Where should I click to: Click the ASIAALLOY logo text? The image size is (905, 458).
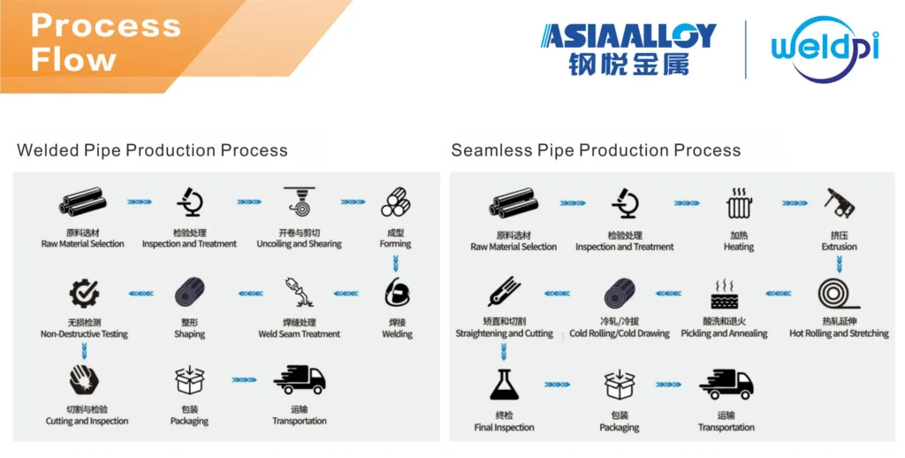tap(628, 35)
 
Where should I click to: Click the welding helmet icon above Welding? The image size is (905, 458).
tap(397, 292)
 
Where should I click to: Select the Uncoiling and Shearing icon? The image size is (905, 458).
tap(299, 202)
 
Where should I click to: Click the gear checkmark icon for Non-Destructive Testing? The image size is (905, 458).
tap(84, 294)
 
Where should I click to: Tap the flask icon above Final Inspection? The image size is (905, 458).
tap(504, 385)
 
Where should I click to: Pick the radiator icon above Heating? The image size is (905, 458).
tap(740, 203)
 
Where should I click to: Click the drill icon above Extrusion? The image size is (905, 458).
tap(840, 203)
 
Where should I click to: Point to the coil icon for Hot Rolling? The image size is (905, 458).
tap(838, 294)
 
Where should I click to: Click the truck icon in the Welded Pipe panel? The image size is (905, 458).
tap(299, 379)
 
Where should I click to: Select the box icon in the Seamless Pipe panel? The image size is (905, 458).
tap(620, 385)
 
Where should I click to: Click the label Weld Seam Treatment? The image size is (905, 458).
tap(299, 334)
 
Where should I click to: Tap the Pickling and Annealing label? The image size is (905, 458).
tap(725, 333)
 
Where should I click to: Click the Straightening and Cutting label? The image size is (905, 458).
tap(504, 333)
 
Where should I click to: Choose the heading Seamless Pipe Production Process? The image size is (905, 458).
tap(596, 150)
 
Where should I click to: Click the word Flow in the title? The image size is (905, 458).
tap(73, 60)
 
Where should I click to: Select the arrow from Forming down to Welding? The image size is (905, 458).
tap(395, 263)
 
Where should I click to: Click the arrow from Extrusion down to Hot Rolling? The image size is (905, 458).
tap(840, 264)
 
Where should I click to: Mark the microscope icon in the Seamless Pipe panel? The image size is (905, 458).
tap(625, 203)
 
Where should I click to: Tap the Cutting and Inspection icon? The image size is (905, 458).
tap(84, 380)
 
